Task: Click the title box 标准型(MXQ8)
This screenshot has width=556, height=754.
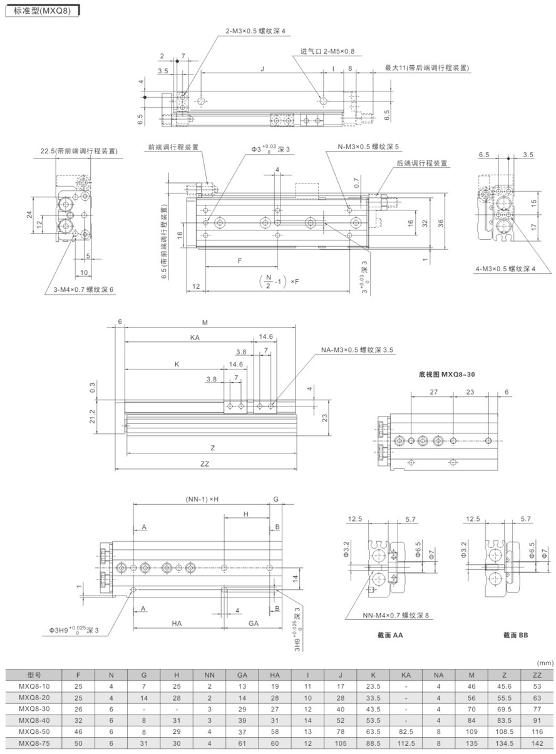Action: click(x=42, y=11)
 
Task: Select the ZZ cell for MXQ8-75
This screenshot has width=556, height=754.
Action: click(x=537, y=743)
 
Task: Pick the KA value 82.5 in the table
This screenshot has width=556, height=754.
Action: click(x=406, y=732)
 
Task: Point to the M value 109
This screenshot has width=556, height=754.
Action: click(x=471, y=732)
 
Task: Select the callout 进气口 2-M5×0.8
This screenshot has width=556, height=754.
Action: click(x=327, y=51)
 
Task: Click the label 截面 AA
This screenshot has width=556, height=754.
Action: click(x=390, y=635)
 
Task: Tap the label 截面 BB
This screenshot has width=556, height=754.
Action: click(x=515, y=635)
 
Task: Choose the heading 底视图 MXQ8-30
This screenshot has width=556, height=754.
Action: click(x=446, y=374)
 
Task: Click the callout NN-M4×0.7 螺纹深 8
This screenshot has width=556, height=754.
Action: click(x=396, y=616)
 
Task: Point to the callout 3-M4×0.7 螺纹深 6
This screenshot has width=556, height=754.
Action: click(x=83, y=289)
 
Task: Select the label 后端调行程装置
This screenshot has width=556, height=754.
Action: click(x=422, y=163)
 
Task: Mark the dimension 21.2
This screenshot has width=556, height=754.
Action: click(x=92, y=416)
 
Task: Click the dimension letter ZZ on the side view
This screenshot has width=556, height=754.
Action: click(x=205, y=464)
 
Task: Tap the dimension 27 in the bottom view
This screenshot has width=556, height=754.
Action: click(x=434, y=392)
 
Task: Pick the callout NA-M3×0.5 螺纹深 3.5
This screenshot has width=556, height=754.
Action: click(x=357, y=349)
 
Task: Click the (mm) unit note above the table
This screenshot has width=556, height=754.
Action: click(x=545, y=663)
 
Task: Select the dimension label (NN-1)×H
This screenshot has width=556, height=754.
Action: click(x=202, y=499)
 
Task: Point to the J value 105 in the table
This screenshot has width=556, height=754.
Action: click(x=340, y=743)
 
